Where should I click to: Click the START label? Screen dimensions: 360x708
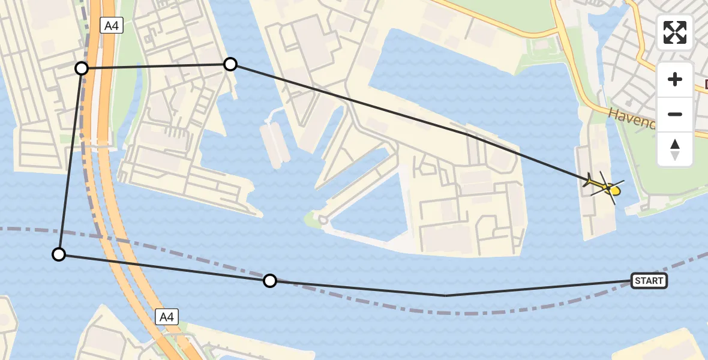pyautogui.click(x=649, y=281)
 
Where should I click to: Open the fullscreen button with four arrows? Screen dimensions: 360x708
pyautogui.click(x=675, y=32)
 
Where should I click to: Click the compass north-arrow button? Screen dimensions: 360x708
pyautogui.click(x=675, y=149)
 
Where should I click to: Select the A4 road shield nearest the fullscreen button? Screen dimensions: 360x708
pyautogui.click(x=111, y=25)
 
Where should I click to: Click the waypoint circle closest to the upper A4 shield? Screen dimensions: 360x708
pyautogui.click(x=82, y=68)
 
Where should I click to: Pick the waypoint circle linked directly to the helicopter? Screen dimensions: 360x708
pyautogui.click(x=230, y=64)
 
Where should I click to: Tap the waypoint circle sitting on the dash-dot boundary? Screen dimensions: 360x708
pyautogui.click(x=271, y=280)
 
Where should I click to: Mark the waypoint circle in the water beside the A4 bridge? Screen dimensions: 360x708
pyautogui.click(x=59, y=254)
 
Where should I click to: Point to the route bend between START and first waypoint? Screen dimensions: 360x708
pyautogui.click(x=446, y=295)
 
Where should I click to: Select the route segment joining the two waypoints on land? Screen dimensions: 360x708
pyautogui.click(x=156, y=66)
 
